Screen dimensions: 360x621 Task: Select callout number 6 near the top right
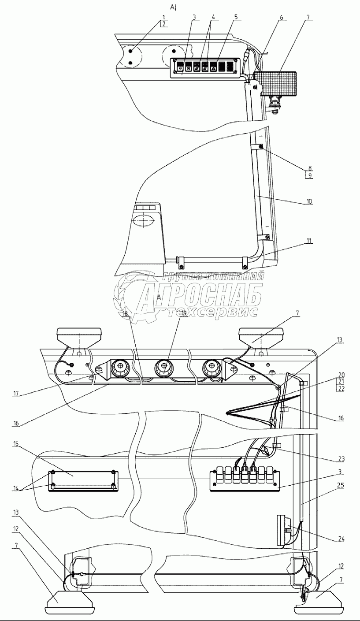[282, 18]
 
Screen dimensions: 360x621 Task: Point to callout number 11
[309, 241]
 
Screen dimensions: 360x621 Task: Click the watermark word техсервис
[212, 312]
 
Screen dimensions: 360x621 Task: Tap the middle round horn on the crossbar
[163, 368]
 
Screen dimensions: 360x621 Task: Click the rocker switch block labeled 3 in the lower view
[245, 479]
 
